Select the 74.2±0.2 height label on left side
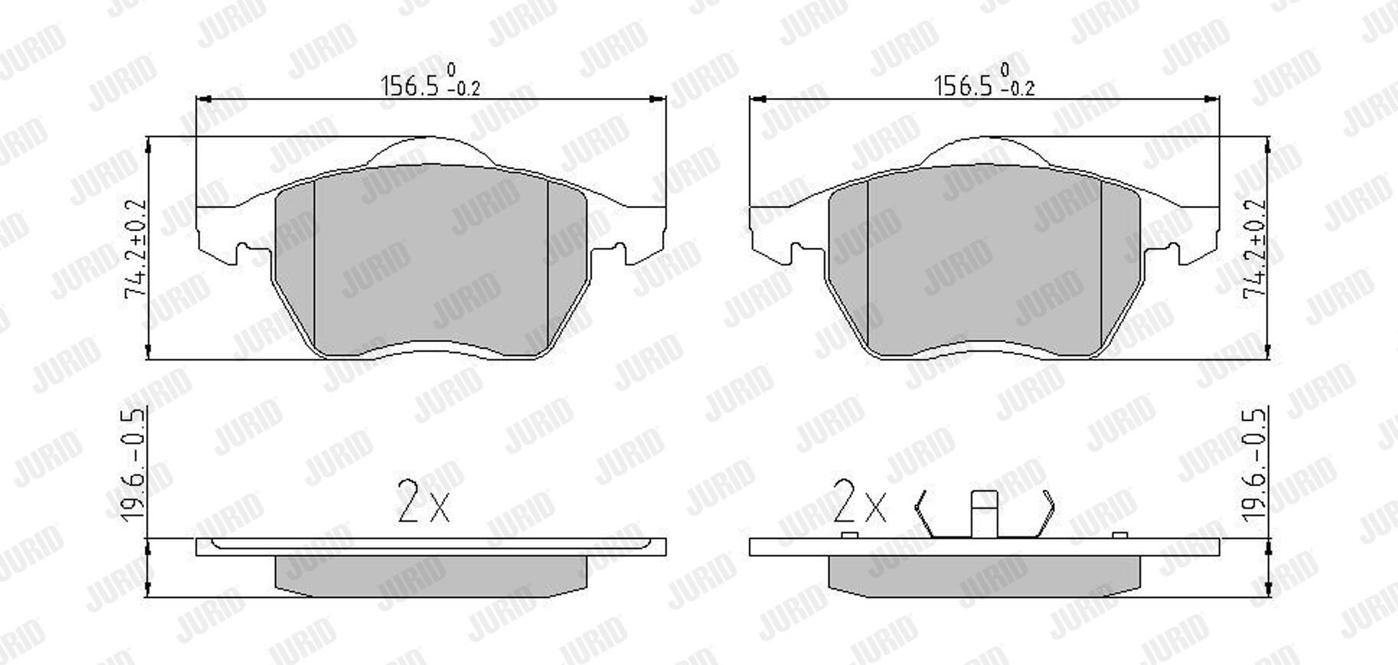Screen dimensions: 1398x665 pos(136,249)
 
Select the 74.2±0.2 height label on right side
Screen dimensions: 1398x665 pos(1256,249)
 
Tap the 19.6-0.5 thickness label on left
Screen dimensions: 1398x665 pos(133,465)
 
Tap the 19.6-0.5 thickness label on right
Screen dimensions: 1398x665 pos(1255,465)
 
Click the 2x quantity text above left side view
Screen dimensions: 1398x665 pos(423,502)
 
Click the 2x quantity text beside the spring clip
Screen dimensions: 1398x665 pos(859,502)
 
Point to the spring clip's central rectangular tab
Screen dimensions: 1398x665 pos(985,513)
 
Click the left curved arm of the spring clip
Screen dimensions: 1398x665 pos(925,513)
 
